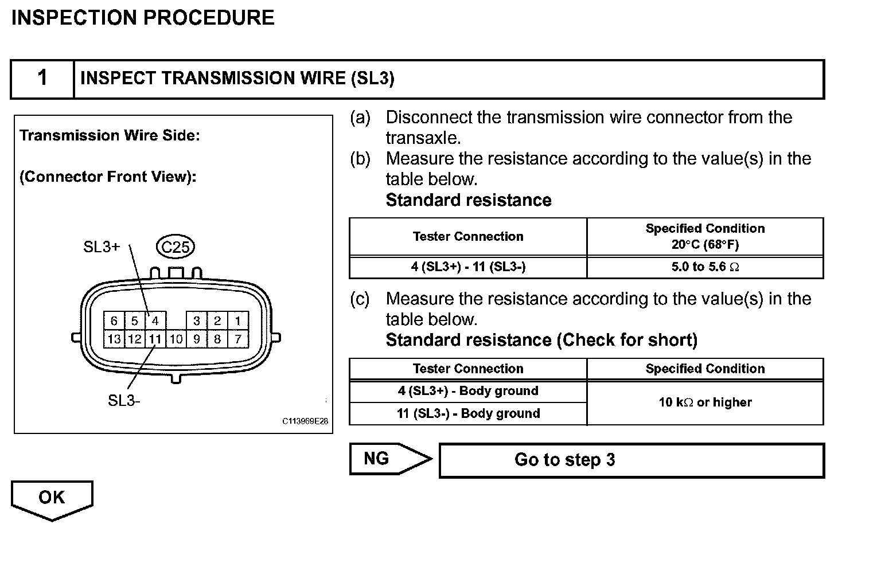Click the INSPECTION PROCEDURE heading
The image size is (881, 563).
click(x=143, y=18)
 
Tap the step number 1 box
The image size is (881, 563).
click(x=42, y=78)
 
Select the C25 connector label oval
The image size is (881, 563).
click(x=176, y=247)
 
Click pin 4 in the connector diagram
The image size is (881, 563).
click(x=155, y=320)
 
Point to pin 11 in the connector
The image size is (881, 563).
click(x=155, y=339)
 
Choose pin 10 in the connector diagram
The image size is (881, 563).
click(x=176, y=339)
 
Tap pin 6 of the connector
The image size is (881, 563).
click(x=114, y=320)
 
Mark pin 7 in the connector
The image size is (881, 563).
click(x=237, y=339)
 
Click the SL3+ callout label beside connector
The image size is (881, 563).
click(x=102, y=247)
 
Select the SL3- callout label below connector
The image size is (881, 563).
click(x=124, y=400)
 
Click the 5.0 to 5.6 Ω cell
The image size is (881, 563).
click(x=705, y=267)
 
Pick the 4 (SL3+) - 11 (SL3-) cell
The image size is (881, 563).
click(x=468, y=267)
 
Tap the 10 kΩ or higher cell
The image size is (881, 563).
click(x=705, y=402)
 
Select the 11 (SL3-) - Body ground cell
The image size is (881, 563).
click(x=468, y=413)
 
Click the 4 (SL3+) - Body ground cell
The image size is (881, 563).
click(x=468, y=391)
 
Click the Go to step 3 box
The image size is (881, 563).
click(x=631, y=460)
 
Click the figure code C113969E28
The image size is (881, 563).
click(x=305, y=421)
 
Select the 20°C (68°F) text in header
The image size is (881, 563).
click(x=705, y=245)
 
